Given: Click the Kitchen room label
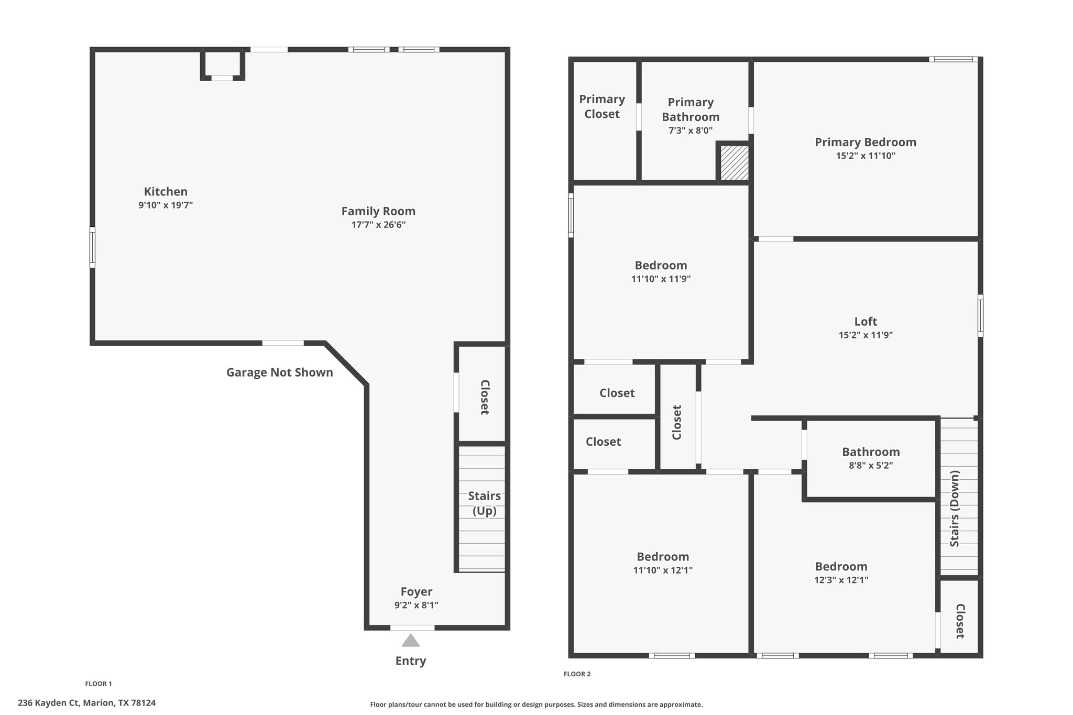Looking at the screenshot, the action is [166, 192].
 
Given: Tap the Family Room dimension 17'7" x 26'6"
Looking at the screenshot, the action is [378, 225].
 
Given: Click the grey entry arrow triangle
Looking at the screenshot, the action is [411, 640].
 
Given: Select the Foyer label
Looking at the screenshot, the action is [417, 592].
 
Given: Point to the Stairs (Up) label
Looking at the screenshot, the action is [485, 503].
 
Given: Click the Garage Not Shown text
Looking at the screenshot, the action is [280, 372].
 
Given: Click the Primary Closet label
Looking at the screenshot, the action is [602, 106].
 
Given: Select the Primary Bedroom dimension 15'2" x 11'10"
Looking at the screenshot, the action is [866, 156].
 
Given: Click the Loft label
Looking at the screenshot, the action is [866, 322].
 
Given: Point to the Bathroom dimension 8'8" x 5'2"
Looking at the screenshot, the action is [871, 465].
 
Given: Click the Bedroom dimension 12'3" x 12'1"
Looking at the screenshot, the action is [841, 580].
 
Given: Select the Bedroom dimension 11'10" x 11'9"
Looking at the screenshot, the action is [661, 279].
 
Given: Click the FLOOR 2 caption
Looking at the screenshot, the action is [577, 674].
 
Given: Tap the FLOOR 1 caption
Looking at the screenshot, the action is [98, 684].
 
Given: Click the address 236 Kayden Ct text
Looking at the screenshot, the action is [49, 703].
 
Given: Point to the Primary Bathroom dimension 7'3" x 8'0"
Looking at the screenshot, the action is [691, 130].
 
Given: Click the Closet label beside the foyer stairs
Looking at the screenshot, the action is [485, 397].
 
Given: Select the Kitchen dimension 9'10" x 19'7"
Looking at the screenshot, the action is [166, 205].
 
